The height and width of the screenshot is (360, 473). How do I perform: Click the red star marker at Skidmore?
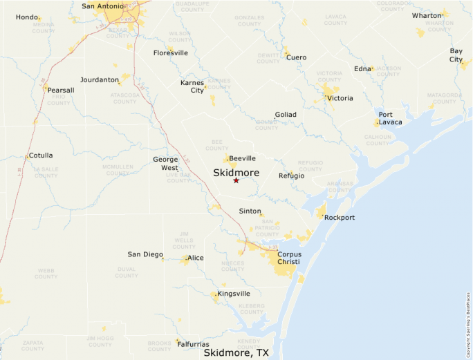pos(236,180)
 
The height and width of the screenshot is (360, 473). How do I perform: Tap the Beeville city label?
pos(242,158)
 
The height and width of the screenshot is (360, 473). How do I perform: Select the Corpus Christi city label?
pos(289,258)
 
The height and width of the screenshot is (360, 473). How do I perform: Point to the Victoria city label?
pos(340,98)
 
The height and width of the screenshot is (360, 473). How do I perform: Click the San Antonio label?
pos(103,6)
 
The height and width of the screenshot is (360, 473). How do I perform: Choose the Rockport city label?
pos(340,218)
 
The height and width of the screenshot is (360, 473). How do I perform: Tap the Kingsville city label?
pos(234,294)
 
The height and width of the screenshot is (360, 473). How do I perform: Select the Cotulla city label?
pos(41,155)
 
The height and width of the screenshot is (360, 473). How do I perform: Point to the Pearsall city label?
pos(62,90)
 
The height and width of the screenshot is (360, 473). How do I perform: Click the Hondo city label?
pos(27,17)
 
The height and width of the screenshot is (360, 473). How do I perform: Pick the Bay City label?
pos(456,55)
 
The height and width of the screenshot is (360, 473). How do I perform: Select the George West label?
pos(165,163)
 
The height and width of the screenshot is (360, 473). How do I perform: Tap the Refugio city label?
pos(291,176)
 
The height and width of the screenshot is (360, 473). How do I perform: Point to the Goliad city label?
pos(286,114)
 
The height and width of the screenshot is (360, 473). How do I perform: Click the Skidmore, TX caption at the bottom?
pos(236,352)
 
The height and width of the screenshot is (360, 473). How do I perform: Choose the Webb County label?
pos(46,273)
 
